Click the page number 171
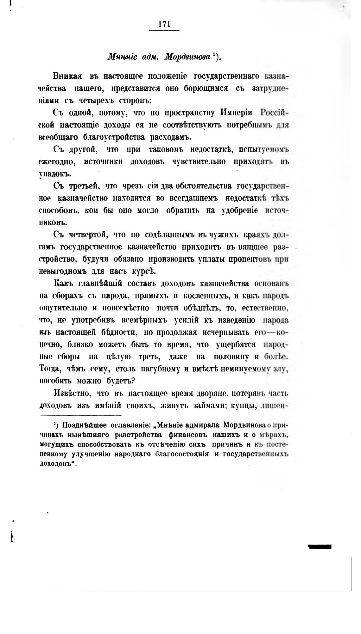coord(164,24)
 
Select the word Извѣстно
coord(73,394)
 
